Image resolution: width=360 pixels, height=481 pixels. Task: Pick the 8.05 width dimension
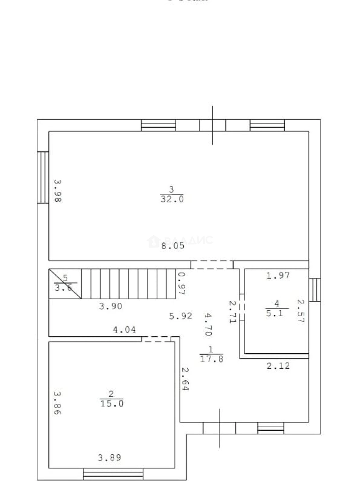(x=173, y=246)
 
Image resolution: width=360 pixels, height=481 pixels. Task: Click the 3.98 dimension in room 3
(x=57, y=191)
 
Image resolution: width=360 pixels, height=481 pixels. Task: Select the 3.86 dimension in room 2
(x=57, y=403)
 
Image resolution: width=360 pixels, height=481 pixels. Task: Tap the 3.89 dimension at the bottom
(x=109, y=457)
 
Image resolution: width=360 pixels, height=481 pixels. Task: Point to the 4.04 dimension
(x=125, y=330)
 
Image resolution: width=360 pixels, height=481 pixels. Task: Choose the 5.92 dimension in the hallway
(x=181, y=316)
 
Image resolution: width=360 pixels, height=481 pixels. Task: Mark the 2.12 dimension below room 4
(x=278, y=367)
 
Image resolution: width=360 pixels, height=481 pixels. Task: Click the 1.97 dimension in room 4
(x=278, y=276)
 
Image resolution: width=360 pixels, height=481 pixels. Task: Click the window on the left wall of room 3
(x=43, y=177)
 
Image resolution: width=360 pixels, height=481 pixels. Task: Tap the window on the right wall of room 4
(x=315, y=290)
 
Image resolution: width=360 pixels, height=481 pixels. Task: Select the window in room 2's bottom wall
(x=113, y=473)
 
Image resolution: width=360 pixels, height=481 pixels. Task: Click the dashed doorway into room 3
(x=212, y=265)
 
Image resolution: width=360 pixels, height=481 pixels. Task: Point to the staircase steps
(x=129, y=283)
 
